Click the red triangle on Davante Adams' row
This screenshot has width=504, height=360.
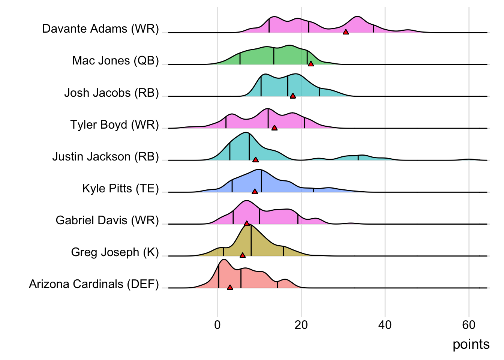point(346,32)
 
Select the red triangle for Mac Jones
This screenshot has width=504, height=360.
point(311,64)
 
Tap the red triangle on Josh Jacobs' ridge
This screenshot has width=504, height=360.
point(293,96)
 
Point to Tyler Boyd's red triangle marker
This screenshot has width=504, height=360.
point(274,128)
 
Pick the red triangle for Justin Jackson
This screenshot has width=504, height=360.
point(256,160)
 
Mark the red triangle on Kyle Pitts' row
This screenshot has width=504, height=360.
point(255,192)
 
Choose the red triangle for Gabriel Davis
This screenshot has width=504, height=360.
point(247,223)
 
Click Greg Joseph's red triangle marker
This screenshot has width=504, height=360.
point(243,255)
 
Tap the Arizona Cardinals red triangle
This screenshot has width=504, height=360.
point(230,287)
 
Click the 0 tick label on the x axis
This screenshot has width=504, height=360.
point(217,325)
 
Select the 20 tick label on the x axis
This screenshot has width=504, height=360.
point(301,325)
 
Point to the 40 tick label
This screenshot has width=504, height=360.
point(385,325)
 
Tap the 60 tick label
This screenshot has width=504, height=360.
point(469,325)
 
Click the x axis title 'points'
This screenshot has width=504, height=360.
point(471,344)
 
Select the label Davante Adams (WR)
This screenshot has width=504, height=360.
point(100,29)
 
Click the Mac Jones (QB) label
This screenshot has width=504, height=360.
point(115,61)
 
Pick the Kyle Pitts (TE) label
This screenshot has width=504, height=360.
point(120,188)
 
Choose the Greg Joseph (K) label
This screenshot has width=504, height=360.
point(115,252)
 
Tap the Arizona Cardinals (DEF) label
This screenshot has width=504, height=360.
point(94,284)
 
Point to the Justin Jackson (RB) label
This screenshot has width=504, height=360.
point(105,156)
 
